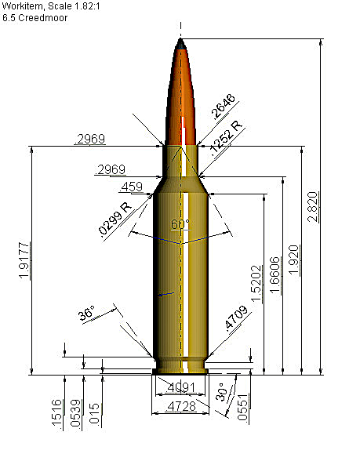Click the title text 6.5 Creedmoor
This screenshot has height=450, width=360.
click(35, 18)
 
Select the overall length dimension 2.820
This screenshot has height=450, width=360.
click(313, 207)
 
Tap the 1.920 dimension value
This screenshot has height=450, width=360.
click(294, 259)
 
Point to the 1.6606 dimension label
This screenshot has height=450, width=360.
click(275, 275)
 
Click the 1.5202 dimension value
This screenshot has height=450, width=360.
click(256, 284)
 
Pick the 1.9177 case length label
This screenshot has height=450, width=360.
click(24, 260)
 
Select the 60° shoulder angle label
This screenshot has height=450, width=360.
click(180, 224)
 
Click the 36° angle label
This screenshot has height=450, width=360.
click(86, 313)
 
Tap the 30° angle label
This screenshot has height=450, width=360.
click(221, 392)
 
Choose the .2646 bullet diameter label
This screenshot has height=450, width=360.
click(223, 106)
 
